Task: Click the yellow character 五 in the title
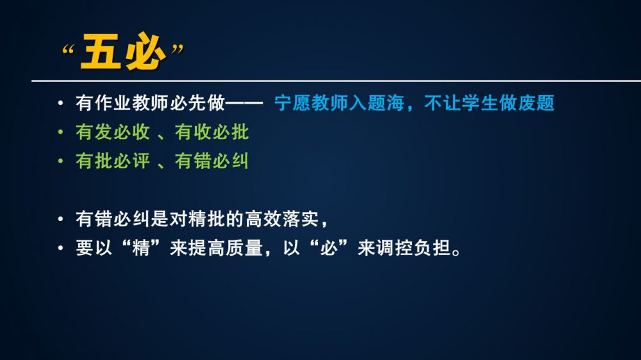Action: [x=101, y=51]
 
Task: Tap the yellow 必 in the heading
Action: [x=145, y=51]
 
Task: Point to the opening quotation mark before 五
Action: [x=68, y=50]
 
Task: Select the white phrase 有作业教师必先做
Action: [x=150, y=103]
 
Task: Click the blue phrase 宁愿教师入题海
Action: [x=339, y=103]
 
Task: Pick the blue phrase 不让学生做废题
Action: [x=489, y=103]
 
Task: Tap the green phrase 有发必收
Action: [x=113, y=132]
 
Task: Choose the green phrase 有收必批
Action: [x=212, y=132]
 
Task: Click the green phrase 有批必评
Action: [x=113, y=161]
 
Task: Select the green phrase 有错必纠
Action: [x=212, y=161]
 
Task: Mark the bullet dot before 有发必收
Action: [x=60, y=132]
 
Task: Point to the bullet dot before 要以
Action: [x=60, y=248]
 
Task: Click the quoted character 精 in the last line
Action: [x=140, y=248]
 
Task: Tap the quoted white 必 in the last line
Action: [x=329, y=248]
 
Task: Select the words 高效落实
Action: [x=282, y=219]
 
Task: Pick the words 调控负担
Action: [x=413, y=248]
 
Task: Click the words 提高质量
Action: [x=226, y=248]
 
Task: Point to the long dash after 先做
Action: [x=244, y=103]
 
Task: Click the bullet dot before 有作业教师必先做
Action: [x=60, y=103]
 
